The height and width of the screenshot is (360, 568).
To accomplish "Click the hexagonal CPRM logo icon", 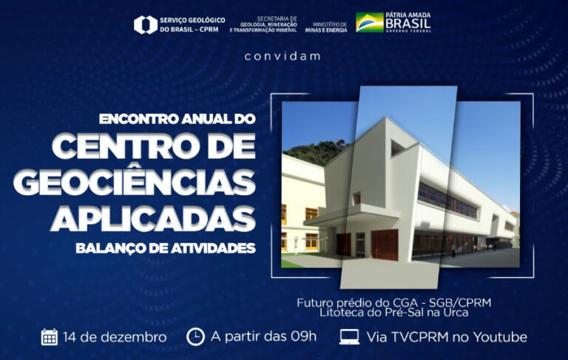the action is [x=146, y=24].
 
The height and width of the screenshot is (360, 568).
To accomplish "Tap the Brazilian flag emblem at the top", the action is [x=370, y=22].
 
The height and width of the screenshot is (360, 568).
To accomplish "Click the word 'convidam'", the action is [x=283, y=56].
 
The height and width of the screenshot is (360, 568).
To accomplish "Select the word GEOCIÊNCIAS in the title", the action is [x=135, y=182].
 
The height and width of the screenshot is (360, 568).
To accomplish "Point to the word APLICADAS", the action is [x=153, y=218].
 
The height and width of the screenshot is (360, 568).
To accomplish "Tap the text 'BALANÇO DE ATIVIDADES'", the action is [x=166, y=248].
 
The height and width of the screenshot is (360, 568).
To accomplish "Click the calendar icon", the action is [x=50, y=337].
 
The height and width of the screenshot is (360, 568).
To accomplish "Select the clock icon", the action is [x=195, y=337].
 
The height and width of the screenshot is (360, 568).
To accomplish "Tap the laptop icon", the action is [x=350, y=337].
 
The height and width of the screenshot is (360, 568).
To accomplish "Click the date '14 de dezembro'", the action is [x=115, y=337].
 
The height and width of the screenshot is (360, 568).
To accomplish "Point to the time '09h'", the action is [x=303, y=336].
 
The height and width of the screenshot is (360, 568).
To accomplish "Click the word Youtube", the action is [x=500, y=337].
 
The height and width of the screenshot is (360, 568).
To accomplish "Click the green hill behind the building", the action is [x=315, y=152].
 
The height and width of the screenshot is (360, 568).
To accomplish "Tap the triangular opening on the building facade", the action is [x=397, y=147].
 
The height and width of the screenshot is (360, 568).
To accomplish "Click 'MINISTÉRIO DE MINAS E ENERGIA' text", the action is [x=326, y=27].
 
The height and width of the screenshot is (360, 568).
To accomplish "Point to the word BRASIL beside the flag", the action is [x=408, y=24].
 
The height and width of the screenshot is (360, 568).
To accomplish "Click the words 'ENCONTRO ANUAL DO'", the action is [x=177, y=119].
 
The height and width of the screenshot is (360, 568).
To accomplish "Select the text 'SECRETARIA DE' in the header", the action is [x=277, y=18].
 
